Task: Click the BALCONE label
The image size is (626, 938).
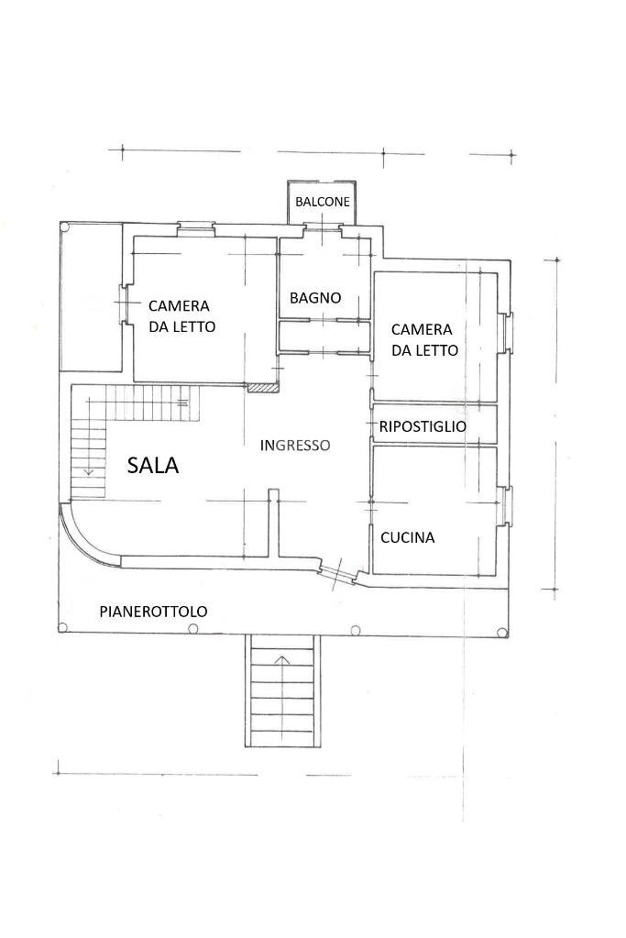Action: click(x=322, y=202)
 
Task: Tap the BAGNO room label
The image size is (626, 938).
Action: click(x=315, y=298)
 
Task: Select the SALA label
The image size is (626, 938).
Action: click(x=153, y=466)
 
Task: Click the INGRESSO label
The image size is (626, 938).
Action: click(x=294, y=446)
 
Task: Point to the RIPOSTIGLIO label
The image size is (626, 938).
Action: click(x=423, y=426)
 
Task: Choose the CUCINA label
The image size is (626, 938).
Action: click(x=407, y=538)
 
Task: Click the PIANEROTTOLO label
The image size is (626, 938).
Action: click(x=153, y=612)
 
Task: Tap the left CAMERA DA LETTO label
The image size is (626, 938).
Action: click(x=181, y=315)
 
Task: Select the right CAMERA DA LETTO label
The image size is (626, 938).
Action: click(x=423, y=339)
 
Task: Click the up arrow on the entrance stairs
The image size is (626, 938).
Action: click(x=283, y=657)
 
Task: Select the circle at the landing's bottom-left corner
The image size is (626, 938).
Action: click(x=62, y=628)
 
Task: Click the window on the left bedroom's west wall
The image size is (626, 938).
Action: click(x=124, y=304)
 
